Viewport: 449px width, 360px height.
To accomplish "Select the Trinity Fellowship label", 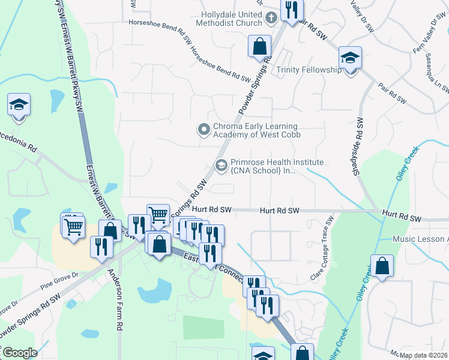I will click(x=309, y=70).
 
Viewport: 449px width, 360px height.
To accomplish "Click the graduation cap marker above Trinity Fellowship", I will click(x=350, y=59).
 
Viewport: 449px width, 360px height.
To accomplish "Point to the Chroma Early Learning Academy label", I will click(x=255, y=130).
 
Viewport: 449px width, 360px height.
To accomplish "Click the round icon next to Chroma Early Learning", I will click(x=204, y=129).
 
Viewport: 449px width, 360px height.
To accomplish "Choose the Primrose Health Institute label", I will click(x=277, y=167).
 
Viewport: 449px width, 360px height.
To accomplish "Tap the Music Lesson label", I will click(x=420, y=239).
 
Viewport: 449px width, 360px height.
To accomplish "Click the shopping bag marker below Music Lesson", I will click(x=382, y=266).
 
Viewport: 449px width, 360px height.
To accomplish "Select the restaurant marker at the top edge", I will click(x=292, y=10).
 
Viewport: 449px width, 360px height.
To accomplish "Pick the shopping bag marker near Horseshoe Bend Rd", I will click(x=259, y=47).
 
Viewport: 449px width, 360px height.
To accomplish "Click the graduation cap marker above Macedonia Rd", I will click(x=19, y=106).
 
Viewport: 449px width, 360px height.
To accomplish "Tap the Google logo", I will click(x=19, y=352).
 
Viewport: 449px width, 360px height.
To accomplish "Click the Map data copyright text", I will click(x=423, y=355).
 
